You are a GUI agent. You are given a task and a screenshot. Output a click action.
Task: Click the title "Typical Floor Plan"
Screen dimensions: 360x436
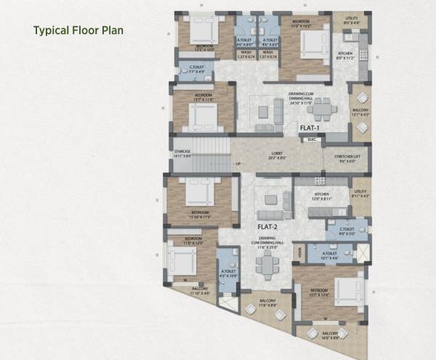tap(77, 31)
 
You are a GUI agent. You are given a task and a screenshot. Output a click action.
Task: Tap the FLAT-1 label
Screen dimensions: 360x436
tap(310, 128)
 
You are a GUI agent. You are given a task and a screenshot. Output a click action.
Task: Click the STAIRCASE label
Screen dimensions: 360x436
tap(182, 154)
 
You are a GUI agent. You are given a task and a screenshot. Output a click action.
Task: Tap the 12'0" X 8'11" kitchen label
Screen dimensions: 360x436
tap(322, 198)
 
